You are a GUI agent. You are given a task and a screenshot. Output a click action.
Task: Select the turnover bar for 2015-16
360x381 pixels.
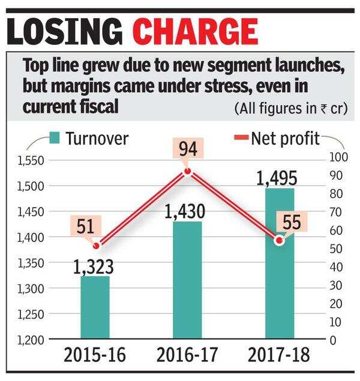tap(95, 307)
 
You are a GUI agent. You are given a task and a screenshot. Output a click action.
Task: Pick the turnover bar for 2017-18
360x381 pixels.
tap(280, 263)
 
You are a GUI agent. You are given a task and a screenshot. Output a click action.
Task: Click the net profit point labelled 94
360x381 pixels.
tap(187, 172)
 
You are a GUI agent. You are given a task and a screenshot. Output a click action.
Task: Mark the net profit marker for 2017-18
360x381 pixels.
tap(278, 240)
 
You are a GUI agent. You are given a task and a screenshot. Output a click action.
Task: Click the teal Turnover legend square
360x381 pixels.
tap(55, 139)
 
